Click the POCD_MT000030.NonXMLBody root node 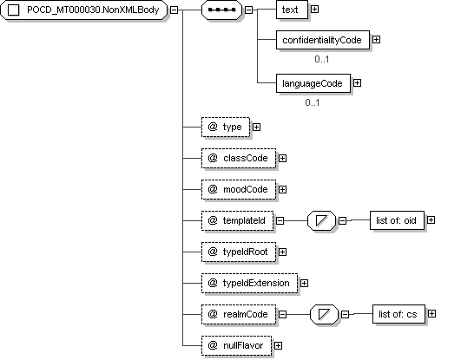coord(84,10)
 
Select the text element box coord(292,10)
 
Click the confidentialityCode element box coord(323,40)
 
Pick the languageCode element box coord(313,83)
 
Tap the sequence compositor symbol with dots coord(221,10)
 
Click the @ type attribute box coord(226,127)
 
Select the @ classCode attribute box coord(239,159)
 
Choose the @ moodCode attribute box coord(239,190)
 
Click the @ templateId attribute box coord(238,220)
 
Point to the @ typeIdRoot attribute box coord(239,252)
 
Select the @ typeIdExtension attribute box coord(250,284)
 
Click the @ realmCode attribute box coord(239,314)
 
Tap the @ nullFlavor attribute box coord(237,345)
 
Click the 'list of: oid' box coord(397,220)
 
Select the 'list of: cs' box coord(398,314)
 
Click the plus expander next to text coord(314,10)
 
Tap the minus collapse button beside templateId coord(280,220)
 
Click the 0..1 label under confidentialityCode coord(322,59)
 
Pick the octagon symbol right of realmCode coord(324,314)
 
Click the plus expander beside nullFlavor coord(278,346)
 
